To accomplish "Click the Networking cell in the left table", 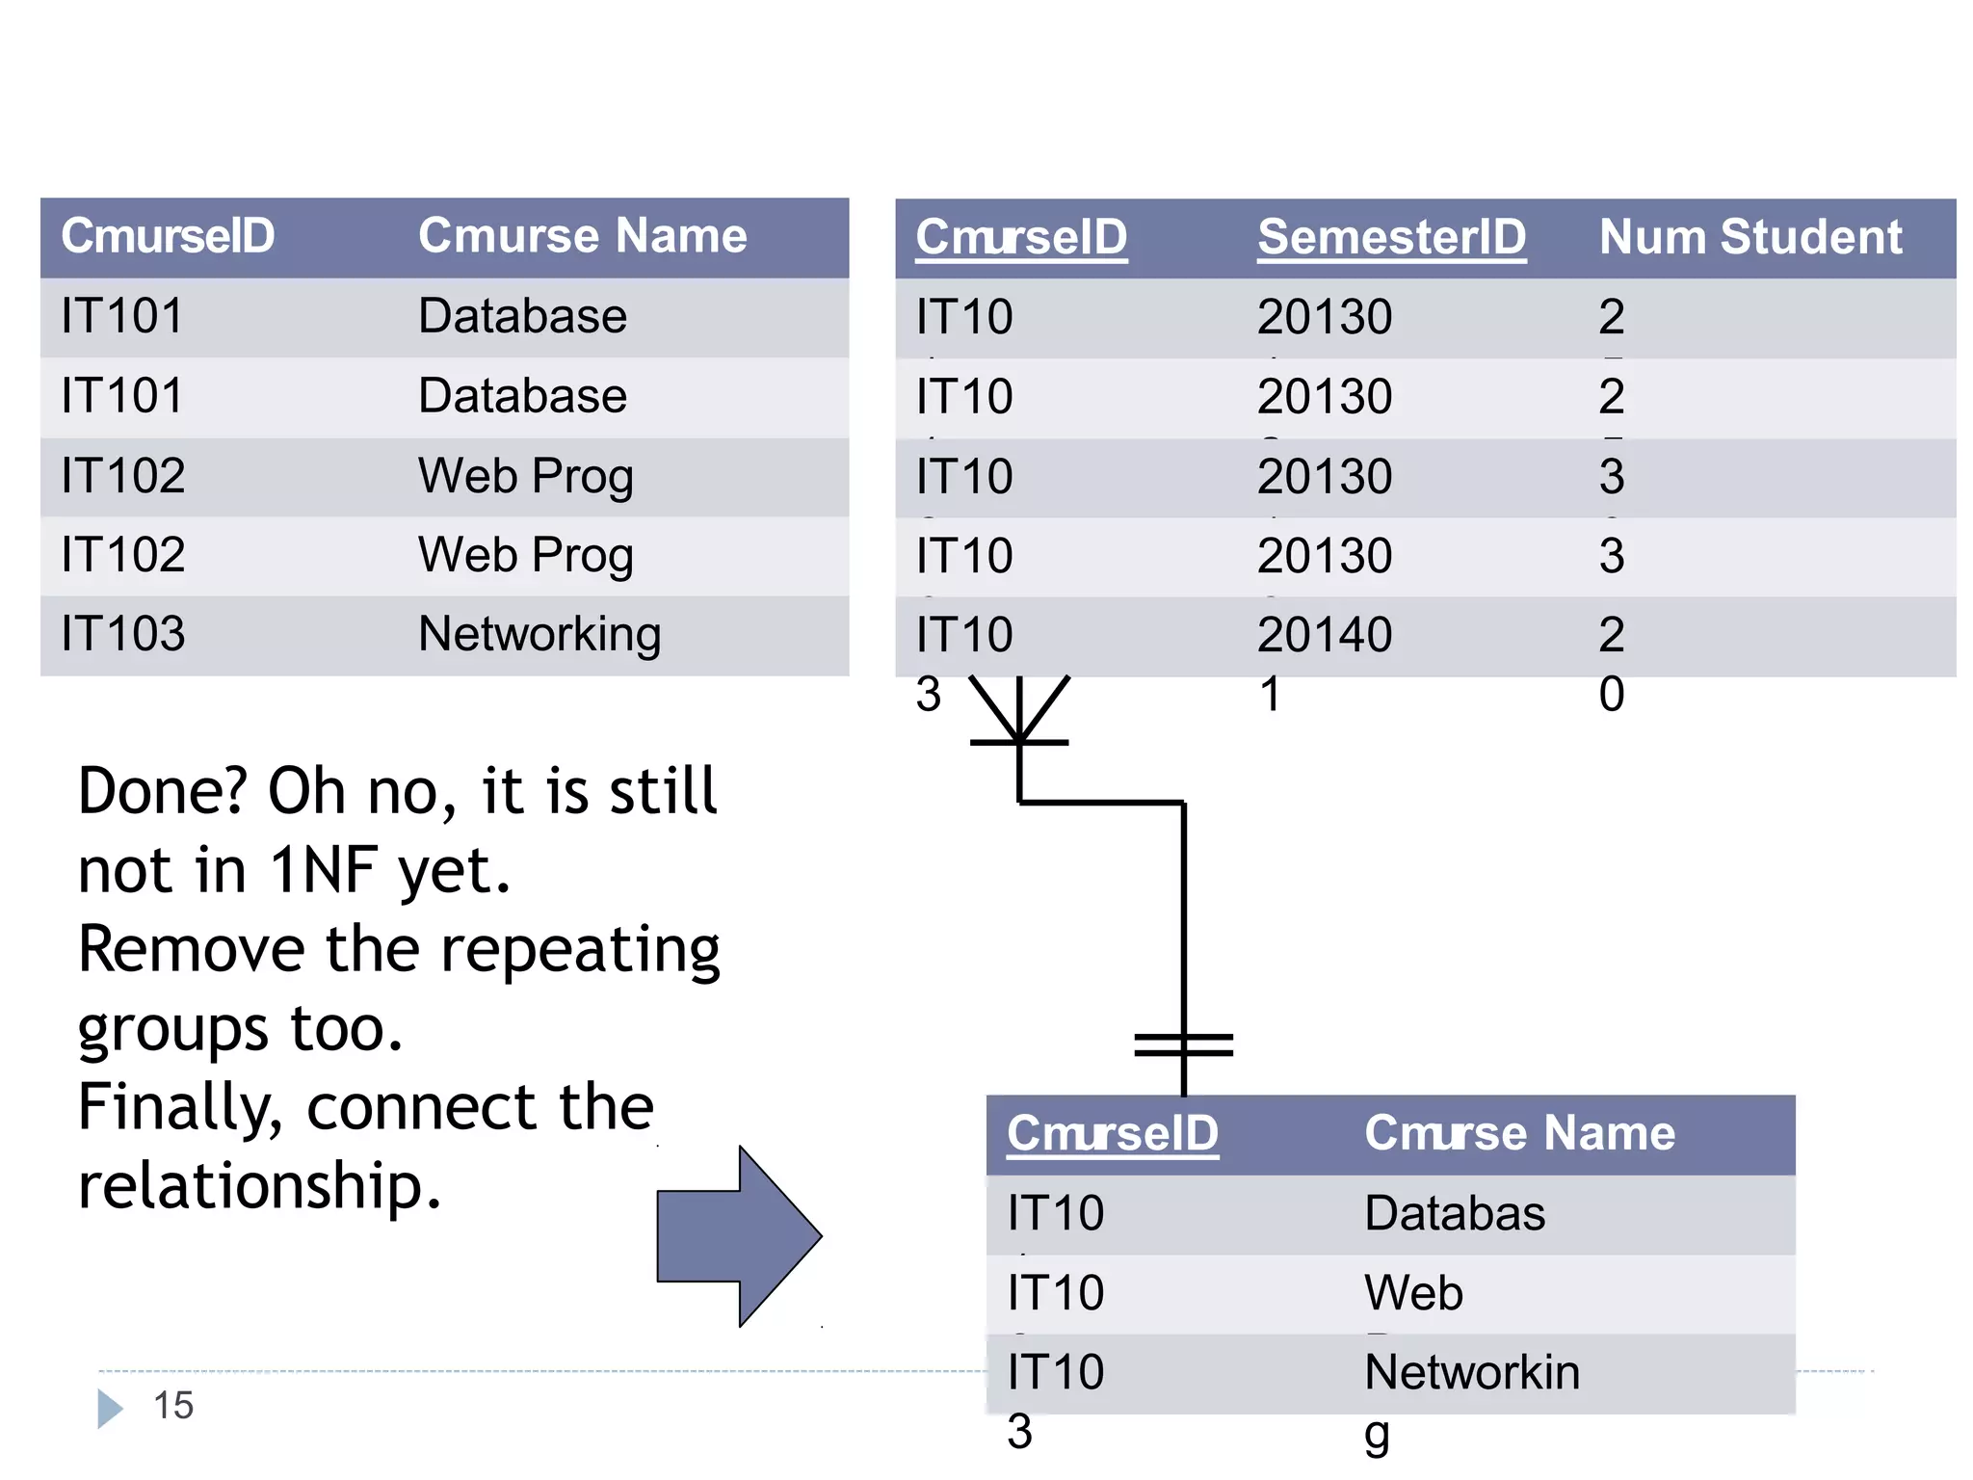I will coord(539,635).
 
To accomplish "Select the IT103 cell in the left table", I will coord(122,635).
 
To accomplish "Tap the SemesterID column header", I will coord(1391,237).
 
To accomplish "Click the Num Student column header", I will coord(1750,237).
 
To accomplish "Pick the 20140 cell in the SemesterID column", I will coord(1325,635).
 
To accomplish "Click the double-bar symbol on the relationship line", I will coord(1184,1044).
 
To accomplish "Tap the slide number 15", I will coord(173,1406).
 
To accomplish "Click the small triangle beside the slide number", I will coord(110,1409).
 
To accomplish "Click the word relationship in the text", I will coord(258,1186).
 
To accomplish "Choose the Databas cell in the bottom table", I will coord(1455,1213).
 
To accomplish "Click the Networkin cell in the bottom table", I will coord(1472,1372).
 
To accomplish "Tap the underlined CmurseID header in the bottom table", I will coord(1113,1133).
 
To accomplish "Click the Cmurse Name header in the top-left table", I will coord(582,236).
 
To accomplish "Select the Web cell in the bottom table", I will coord(1413,1293).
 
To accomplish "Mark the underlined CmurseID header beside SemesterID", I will coord(1021,237).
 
